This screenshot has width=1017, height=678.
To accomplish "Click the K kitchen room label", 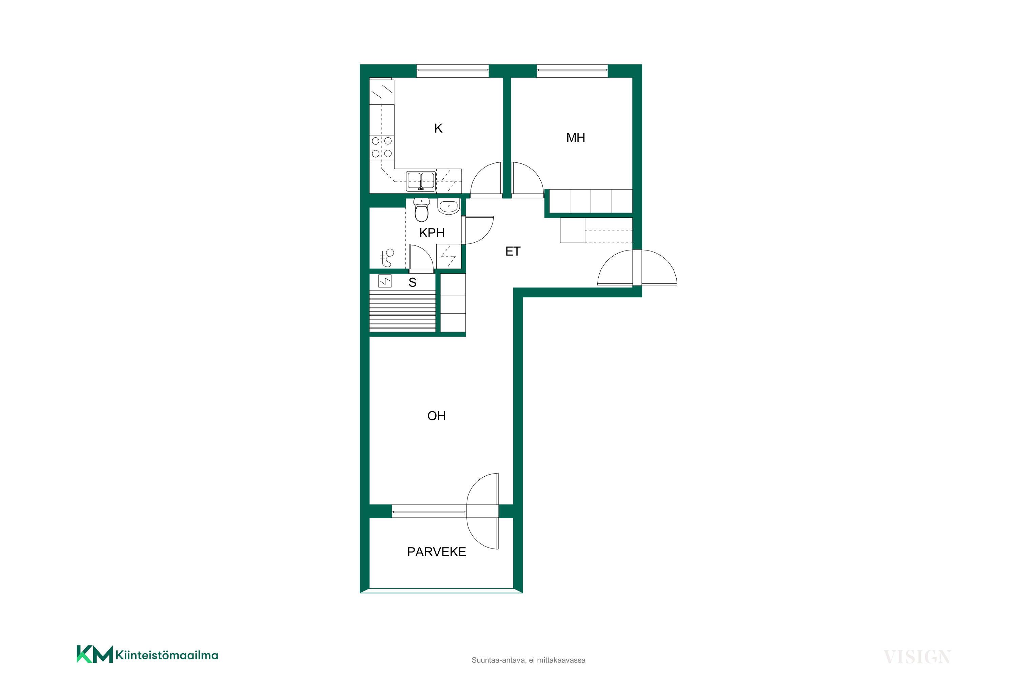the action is pos(438,128).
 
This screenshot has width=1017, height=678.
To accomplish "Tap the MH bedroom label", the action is pos(576,138).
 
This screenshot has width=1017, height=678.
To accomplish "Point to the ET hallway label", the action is pos(513,251).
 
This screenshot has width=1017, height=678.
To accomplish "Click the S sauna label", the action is pos(413,282).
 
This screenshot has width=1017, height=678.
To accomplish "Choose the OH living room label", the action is pos(436,416).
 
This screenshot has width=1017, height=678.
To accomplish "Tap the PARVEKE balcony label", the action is pos(436,552).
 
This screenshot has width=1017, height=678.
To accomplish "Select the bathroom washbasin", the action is pos(448,206).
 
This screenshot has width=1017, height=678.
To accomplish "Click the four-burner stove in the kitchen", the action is pos(382,147).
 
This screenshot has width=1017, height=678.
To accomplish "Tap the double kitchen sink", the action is pos(421,181).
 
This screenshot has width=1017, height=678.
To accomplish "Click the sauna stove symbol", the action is pos(385,281).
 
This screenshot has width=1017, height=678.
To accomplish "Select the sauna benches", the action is pos(403,311).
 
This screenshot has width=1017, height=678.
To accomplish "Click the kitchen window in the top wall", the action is pos(452,71).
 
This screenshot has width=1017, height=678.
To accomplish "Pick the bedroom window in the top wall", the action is pos(572,71).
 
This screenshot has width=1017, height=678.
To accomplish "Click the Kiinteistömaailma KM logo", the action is pos(147,655).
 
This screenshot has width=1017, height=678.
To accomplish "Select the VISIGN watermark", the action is pos(917,657).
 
